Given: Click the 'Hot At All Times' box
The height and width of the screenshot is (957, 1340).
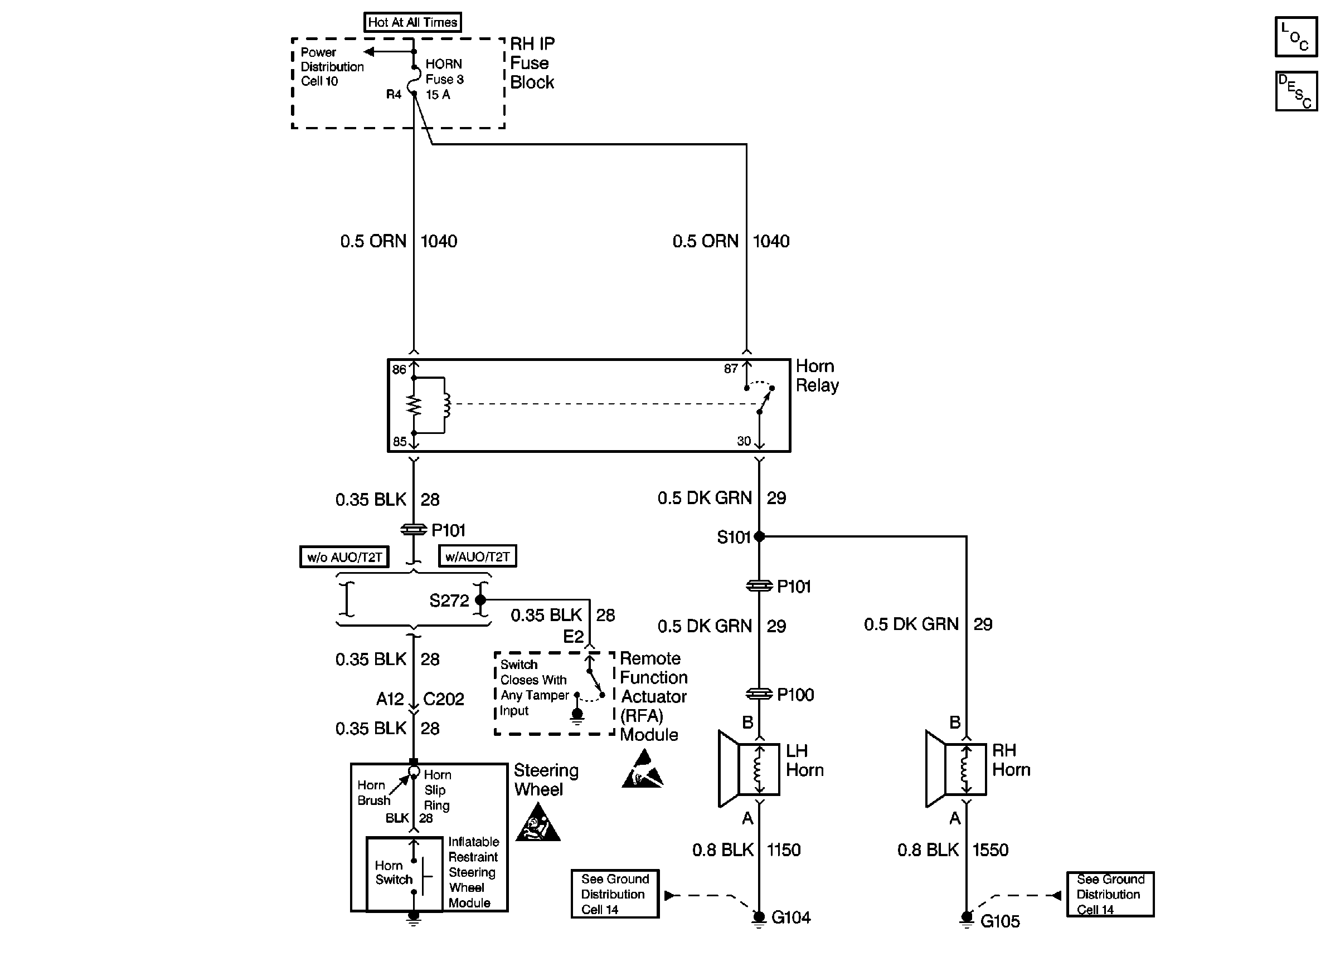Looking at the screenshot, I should pos(412,22).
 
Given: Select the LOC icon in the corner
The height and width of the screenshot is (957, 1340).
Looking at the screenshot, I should pos(1296,37).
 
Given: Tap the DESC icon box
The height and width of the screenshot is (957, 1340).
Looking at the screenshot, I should pos(1296,91).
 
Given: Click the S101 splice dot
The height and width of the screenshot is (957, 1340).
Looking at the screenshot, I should pos(759,536).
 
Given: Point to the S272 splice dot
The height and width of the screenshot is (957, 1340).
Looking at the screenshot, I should pos(480,600).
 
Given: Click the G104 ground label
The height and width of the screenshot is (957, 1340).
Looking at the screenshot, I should pos(790,917).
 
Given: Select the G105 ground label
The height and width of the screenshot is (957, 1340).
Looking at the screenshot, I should pos(1000,921).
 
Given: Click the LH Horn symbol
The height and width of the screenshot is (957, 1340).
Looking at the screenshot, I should pos(749,769).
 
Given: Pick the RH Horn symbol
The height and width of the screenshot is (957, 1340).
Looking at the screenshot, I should pos(955,769).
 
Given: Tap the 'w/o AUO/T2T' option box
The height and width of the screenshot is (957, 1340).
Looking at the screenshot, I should pos(344,557).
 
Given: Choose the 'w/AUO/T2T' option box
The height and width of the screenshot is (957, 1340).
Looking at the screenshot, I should pos(478,556).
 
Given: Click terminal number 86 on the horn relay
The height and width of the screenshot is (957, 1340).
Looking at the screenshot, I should pos(399,369).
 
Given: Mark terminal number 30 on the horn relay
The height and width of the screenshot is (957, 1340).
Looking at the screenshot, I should pos(744,441).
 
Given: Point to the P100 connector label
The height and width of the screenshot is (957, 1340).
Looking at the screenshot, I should pos(795,695).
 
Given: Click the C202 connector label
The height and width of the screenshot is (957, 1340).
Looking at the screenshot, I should pos(443,700).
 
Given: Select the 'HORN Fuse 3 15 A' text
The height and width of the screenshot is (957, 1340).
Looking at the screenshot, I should pos(444,79).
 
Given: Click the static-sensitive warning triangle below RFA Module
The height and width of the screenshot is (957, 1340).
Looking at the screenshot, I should pos(643,770).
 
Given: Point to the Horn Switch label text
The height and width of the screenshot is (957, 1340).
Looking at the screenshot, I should pos(393,873).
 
